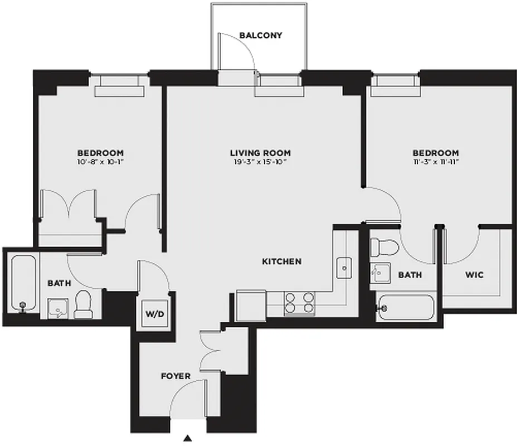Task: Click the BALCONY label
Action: tap(261, 36)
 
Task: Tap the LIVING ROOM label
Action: tap(260, 153)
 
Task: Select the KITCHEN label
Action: tap(282, 261)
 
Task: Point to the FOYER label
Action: tap(176, 376)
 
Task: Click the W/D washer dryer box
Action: tap(155, 314)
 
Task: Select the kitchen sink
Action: tap(344, 268)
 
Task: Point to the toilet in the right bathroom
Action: tap(385, 246)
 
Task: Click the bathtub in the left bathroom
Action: tap(23, 284)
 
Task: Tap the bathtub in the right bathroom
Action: tap(405, 307)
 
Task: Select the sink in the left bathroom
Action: tap(57, 308)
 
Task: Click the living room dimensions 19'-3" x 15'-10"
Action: tap(260, 162)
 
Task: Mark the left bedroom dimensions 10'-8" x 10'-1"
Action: tap(100, 162)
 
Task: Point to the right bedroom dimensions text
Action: tap(436, 162)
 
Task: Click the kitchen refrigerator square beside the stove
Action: tap(251, 304)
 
